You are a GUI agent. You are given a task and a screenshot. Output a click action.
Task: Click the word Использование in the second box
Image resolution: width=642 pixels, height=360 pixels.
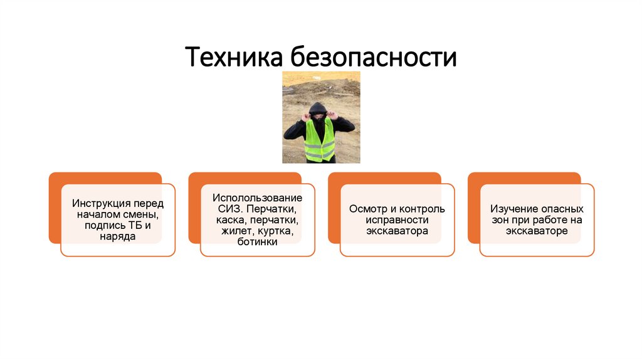(257, 198)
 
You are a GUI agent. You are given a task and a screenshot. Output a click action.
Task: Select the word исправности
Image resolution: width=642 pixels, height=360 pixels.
(397, 220)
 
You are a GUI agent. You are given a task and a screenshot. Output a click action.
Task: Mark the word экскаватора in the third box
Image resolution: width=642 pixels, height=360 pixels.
(397, 231)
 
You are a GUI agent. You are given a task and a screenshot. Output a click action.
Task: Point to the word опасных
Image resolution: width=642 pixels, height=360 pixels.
(562, 209)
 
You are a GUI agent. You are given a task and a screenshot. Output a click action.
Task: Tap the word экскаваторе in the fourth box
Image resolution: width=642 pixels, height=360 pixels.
(537, 231)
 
